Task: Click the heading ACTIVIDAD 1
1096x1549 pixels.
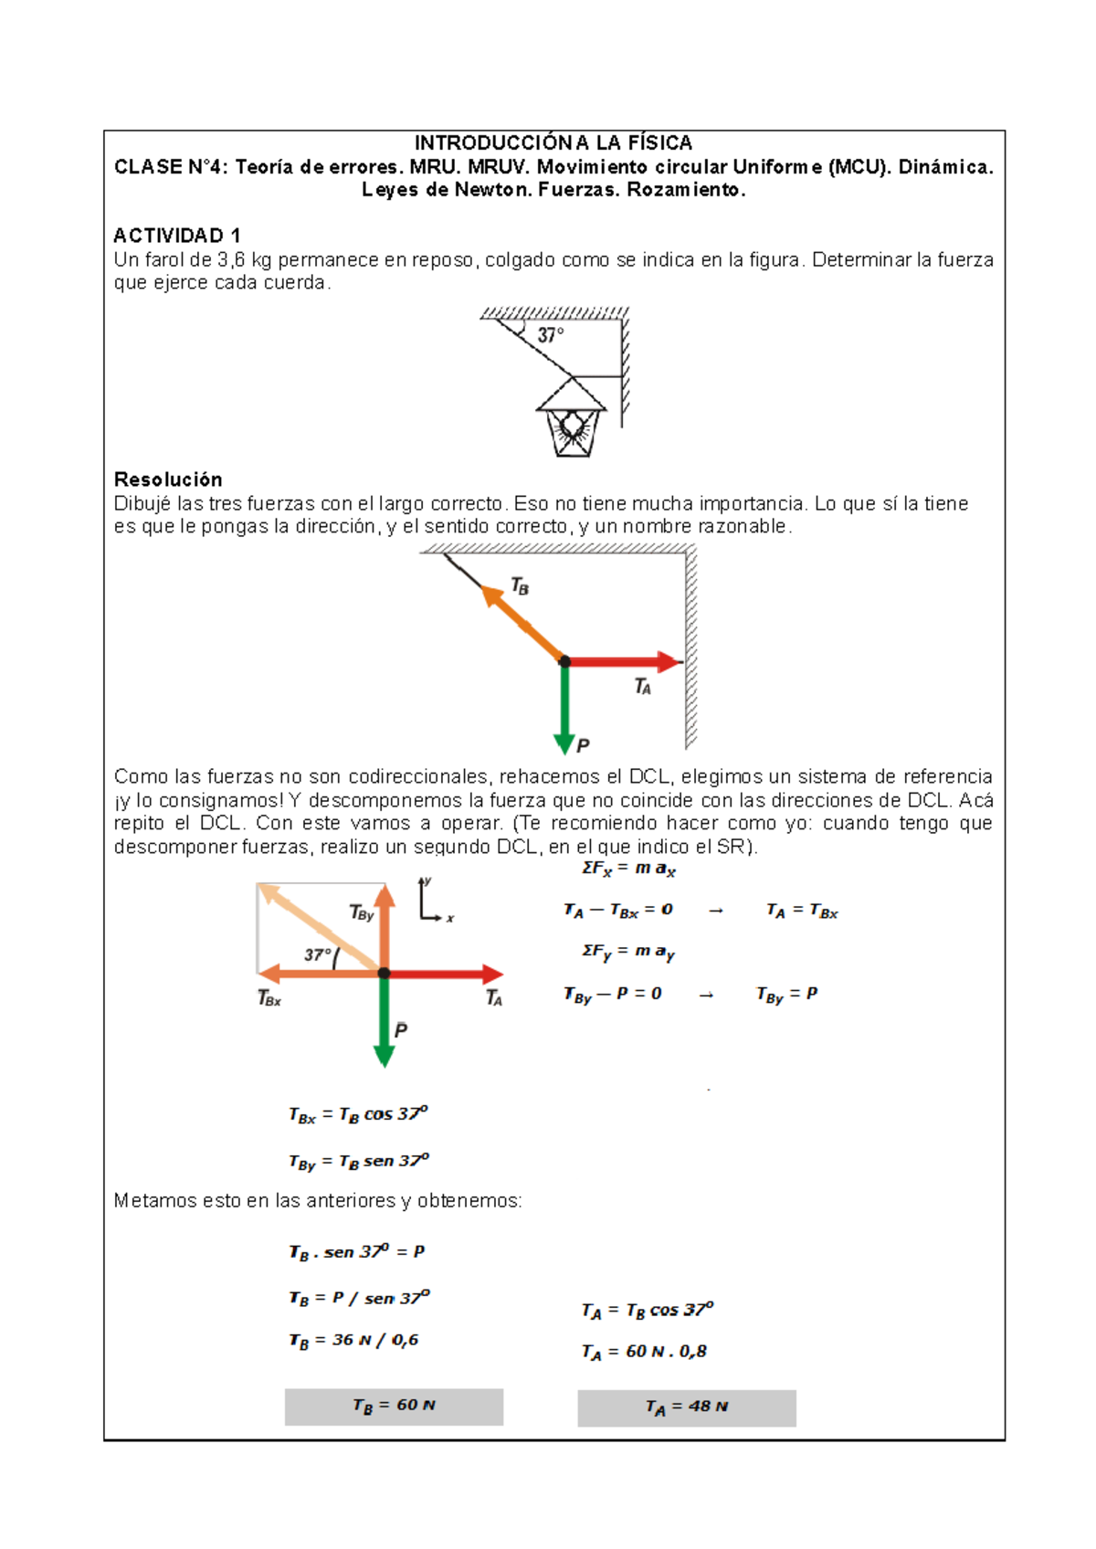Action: coord(177,236)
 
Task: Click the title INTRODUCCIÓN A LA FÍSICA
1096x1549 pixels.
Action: coord(553,142)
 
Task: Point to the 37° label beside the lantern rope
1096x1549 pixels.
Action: coord(550,335)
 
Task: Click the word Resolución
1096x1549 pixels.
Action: coord(168,479)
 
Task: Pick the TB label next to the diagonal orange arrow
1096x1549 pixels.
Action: coord(520,586)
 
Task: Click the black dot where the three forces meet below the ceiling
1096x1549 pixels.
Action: coord(564,661)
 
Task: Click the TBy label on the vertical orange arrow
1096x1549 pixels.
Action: coord(362,912)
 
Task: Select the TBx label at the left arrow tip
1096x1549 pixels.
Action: coord(269,999)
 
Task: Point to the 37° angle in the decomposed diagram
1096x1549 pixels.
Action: coord(318,954)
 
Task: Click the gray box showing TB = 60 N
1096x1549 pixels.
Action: coord(394,1407)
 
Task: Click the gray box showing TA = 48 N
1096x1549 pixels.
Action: coord(686,1407)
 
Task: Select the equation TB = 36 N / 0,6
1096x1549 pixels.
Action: coord(354,1341)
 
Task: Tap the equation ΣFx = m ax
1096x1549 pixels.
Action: coord(628,869)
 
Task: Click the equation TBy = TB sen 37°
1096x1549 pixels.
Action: coord(359,1162)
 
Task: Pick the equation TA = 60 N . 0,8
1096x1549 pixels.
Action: coord(644,1352)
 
